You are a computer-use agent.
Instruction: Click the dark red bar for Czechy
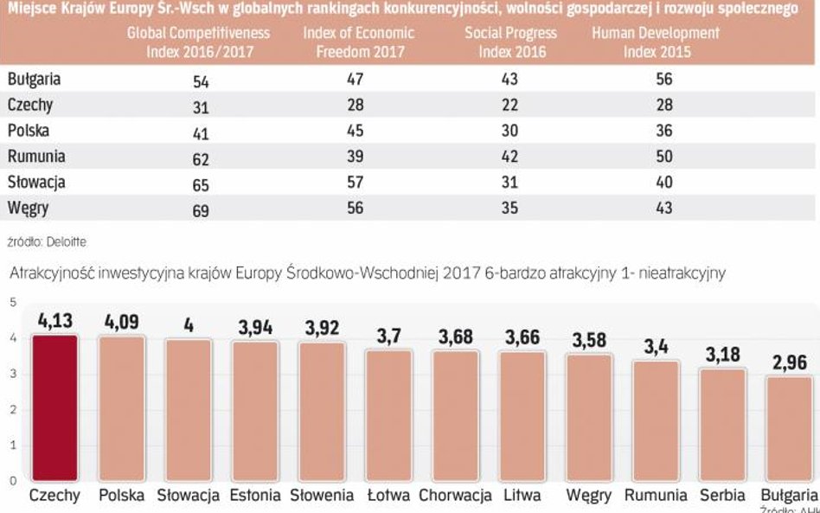click(x=55, y=407)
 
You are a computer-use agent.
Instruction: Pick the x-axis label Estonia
click(x=255, y=496)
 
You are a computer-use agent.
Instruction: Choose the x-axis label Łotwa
click(x=388, y=496)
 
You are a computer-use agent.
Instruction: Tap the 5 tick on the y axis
click(x=13, y=302)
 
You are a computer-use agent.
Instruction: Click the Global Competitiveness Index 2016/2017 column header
click(x=198, y=42)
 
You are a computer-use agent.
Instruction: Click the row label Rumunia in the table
click(x=36, y=157)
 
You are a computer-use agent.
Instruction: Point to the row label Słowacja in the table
click(x=36, y=183)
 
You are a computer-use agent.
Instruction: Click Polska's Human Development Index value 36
click(x=663, y=132)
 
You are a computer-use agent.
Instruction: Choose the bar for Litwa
click(x=522, y=415)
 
